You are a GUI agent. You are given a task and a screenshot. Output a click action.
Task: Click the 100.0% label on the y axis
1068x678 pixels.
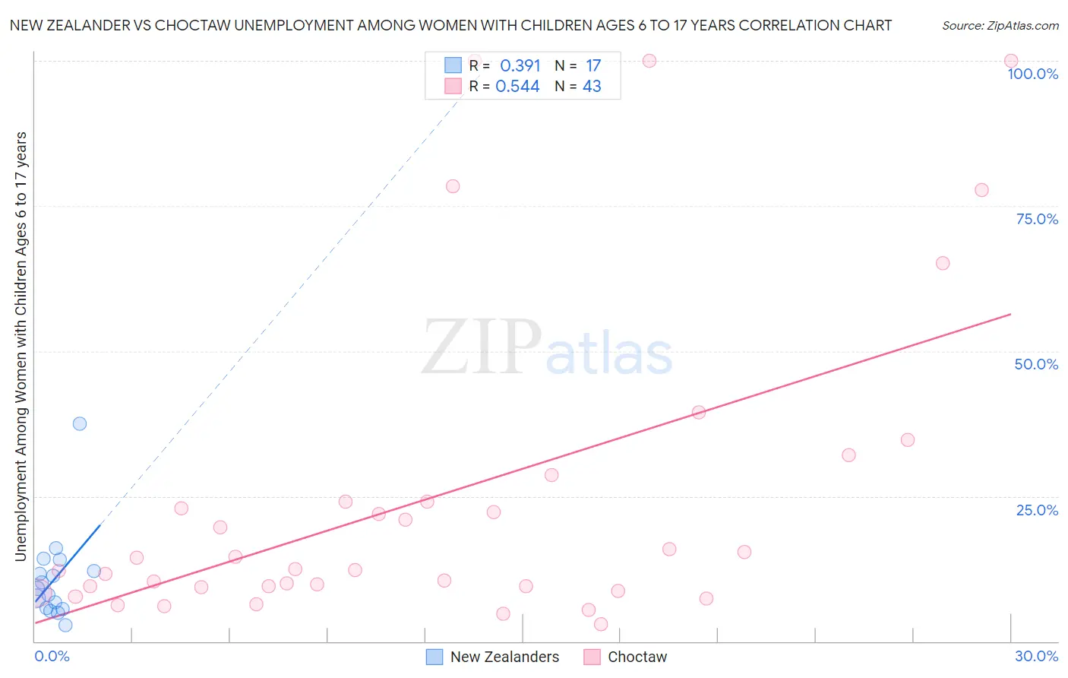tap(1032, 74)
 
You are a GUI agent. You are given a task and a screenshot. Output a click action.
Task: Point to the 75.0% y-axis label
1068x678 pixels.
tap(1037, 219)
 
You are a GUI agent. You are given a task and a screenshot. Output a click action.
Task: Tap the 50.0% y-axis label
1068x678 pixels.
tap(1036, 364)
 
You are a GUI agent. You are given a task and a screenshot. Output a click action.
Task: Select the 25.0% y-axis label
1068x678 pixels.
tap(1037, 510)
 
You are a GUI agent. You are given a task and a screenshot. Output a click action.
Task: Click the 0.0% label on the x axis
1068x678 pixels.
tap(52, 656)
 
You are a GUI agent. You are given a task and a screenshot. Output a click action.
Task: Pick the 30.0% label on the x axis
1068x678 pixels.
tap(1036, 656)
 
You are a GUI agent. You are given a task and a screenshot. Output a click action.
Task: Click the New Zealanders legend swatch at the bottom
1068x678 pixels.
tap(434, 657)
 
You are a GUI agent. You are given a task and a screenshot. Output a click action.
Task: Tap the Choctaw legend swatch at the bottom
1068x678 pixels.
tap(592, 657)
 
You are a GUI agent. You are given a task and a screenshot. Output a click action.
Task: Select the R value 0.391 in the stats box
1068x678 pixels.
tap(520, 66)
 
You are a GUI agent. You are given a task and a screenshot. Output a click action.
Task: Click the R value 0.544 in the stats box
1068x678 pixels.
tap(517, 87)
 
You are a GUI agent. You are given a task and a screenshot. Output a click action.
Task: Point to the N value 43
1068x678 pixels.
tap(592, 87)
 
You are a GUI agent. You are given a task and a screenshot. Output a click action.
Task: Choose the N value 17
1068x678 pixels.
tap(593, 66)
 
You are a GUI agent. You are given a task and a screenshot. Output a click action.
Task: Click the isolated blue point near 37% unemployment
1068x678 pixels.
tap(80, 423)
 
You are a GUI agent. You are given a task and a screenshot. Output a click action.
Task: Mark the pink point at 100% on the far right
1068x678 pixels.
tap(1011, 61)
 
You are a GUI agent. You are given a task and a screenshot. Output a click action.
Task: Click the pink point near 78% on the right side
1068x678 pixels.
tap(981, 190)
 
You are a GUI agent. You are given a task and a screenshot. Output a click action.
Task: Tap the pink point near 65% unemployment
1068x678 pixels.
tap(943, 263)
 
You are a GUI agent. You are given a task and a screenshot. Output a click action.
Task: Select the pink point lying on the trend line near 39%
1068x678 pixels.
tap(699, 412)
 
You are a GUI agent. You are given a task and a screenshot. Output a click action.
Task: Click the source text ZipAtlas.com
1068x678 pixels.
tap(1000, 26)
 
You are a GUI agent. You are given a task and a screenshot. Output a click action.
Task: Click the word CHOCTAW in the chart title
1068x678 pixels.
tap(192, 25)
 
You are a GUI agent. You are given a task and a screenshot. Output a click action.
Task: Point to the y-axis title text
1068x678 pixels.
tap(21, 346)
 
